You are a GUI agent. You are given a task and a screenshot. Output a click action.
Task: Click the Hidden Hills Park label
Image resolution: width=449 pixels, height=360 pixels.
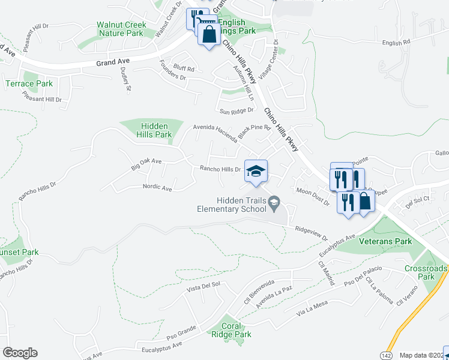tap(156, 130)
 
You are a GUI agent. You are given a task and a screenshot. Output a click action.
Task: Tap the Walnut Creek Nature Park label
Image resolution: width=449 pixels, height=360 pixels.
tap(121, 29)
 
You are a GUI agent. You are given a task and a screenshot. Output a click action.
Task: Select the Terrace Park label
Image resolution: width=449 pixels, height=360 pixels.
tap(29, 83)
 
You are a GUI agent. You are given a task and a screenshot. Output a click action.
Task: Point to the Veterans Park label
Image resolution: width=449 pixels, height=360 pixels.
tap(385, 241)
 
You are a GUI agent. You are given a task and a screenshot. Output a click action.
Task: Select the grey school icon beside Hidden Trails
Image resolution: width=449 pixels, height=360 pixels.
tap(274, 200)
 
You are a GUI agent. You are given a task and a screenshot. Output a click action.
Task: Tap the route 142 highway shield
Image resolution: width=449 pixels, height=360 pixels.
tap(385, 355)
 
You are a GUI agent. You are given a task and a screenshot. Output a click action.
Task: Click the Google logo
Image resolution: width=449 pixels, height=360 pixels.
tap(20, 353)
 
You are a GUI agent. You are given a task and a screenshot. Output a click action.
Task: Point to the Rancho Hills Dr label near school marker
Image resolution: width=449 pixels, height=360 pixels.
tap(220, 170)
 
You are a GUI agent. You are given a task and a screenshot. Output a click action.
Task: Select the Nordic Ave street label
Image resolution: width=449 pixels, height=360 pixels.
tap(157, 188)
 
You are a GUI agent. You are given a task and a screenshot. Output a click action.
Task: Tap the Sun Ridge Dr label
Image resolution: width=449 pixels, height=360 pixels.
tap(234, 112)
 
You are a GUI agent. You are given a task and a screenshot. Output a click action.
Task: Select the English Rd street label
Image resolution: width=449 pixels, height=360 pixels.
tap(396, 43)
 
